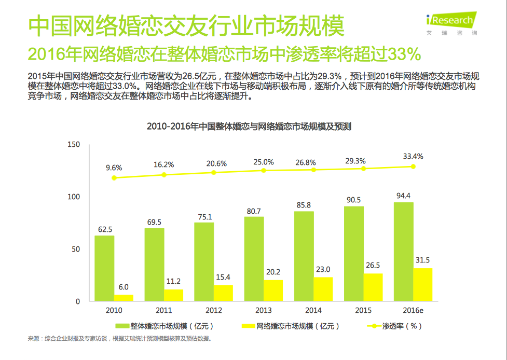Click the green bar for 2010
coord(104,268)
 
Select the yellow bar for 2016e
coord(422,284)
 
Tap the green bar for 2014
coord(304,256)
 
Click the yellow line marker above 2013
coord(264,170)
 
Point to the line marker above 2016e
coord(414,167)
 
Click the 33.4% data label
coord(413,156)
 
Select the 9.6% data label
coord(114,168)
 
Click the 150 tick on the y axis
coord(74,144)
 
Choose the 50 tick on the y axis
coord(76,249)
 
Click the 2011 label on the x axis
coord(163,310)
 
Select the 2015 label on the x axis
coord(363,310)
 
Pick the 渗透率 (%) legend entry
coord(394,326)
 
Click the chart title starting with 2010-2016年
coord(249,126)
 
